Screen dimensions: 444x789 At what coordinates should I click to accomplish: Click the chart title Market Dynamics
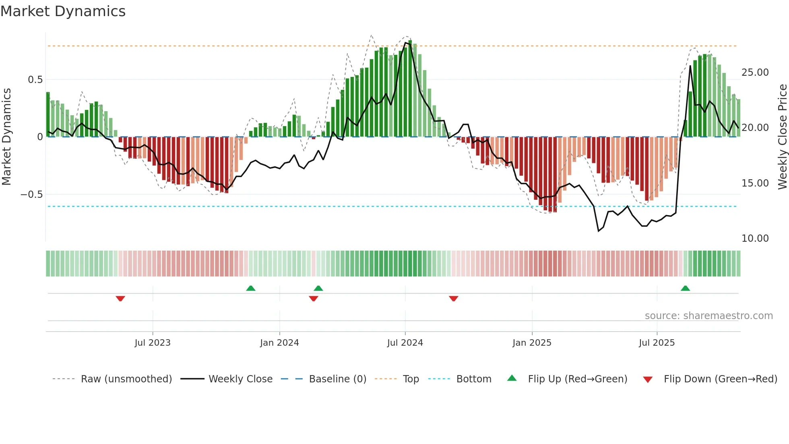coord(63,11)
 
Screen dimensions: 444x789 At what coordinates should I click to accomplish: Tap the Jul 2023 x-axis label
coord(153,343)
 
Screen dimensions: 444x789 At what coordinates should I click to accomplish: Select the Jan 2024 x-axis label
coord(279,343)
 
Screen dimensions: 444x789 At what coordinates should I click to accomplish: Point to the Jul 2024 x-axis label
coord(405,343)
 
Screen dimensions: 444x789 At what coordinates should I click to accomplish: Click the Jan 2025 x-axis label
coord(532,343)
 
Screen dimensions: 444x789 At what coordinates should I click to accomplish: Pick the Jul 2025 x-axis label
coord(657,343)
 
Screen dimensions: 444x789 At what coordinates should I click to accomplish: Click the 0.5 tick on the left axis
coord(35,80)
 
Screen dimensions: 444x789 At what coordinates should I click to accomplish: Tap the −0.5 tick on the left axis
coord(31,195)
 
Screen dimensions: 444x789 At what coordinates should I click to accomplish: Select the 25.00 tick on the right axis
coord(755,73)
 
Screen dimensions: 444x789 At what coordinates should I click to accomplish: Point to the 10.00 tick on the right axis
coord(755,239)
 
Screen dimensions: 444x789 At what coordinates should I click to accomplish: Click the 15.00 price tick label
coord(755,183)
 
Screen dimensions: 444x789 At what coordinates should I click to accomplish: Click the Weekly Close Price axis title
coord(782,137)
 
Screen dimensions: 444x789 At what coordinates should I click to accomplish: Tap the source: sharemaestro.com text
coord(708,316)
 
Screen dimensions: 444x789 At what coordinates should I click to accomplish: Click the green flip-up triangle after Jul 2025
coord(685,288)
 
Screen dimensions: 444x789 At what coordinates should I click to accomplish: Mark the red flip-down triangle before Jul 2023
coord(120,299)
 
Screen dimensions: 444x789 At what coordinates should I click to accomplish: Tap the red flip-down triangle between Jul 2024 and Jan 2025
coord(454,299)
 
